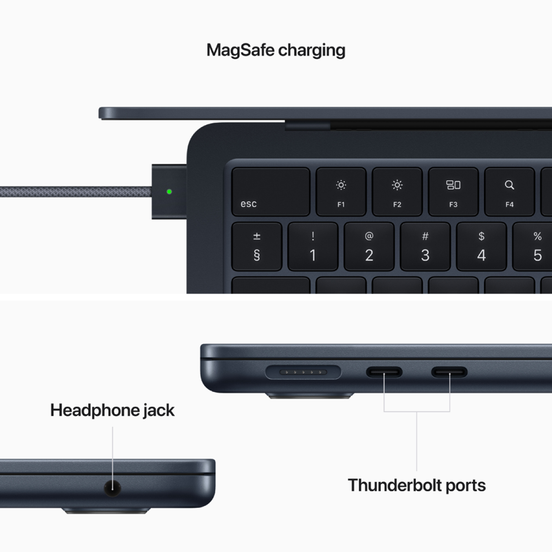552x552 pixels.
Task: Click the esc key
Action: pyautogui.click(x=270, y=192)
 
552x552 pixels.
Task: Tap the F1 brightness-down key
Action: pyautogui.click(x=341, y=192)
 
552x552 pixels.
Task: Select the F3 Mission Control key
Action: pyautogui.click(x=453, y=192)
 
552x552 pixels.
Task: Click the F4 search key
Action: pyautogui.click(x=509, y=192)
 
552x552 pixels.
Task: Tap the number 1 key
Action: pyautogui.click(x=313, y=247)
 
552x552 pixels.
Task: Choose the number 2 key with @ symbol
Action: pyautogui.click(x=369, y=247)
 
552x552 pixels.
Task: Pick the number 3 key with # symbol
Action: pyautogui.click(x=425, y=247)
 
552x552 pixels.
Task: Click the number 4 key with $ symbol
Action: pyautogui.click(x=481, y=247)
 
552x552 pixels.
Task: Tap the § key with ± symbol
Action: pyautogui.click(x=257, y=247)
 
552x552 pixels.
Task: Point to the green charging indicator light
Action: pyautogui.click(x=169, y=191)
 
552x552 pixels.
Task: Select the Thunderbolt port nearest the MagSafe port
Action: pyautogui.click(x=384, y=372)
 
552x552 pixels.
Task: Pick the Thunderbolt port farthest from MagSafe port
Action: pyautogui.click(x=449, y=372)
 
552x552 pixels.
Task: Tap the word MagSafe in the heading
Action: pyautogui.click(x=240, y=50)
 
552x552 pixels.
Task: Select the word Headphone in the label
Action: pyautogui.click(x=94, y=410)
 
